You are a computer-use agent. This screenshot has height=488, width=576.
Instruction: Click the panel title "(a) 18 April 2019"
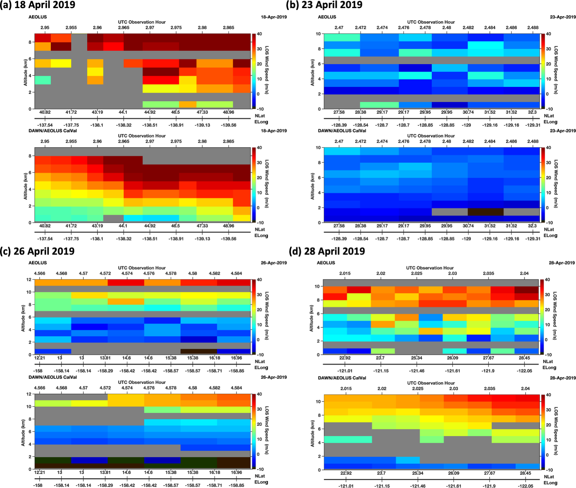38,5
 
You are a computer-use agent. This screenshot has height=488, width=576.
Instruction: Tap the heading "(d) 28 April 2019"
327,251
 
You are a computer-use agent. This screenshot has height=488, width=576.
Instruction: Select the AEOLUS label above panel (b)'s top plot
327,17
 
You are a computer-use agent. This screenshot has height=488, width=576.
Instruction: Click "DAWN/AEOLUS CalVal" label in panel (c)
53,377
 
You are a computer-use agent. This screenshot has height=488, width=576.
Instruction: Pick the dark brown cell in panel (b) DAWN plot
485,212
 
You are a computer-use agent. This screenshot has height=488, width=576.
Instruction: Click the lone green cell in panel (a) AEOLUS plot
43,80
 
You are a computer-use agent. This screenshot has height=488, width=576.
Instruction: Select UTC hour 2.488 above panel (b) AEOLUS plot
533,28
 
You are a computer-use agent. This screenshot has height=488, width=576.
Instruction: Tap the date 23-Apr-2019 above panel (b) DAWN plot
563,131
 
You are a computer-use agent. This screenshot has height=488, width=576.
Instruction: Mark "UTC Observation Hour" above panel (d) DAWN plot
431,383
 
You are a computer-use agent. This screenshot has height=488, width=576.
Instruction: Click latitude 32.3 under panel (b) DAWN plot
532,226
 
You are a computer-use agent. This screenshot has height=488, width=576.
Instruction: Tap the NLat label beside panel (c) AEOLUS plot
260,362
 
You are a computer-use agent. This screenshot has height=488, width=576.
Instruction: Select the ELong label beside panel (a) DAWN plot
261,236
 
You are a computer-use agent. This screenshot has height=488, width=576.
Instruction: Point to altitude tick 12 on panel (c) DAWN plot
29,394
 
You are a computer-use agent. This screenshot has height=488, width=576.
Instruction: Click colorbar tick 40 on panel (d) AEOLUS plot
547,280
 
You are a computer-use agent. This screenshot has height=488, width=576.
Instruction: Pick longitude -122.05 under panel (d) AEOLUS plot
524,371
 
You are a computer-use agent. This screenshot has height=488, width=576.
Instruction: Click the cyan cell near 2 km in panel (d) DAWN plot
408,460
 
